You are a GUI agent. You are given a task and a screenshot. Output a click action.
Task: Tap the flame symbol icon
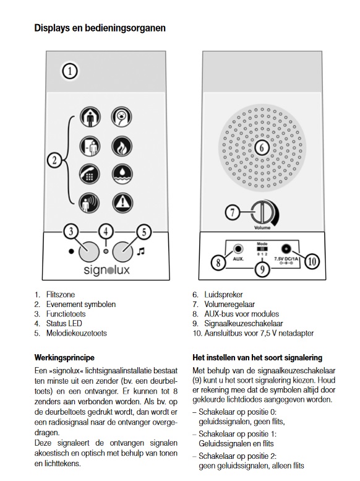(x=121, y=147)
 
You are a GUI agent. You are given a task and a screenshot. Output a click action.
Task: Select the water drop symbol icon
(x=121, y=175)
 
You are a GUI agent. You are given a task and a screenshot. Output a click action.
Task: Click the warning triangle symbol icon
(x=121, y=202)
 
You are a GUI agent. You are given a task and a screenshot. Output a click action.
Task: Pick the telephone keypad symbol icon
(x=90, y=175)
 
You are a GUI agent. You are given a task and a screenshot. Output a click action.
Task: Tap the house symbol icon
(x=90, y=118)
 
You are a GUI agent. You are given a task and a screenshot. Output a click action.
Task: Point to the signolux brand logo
(x=106, y=271)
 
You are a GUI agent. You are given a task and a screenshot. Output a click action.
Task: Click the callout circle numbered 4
(x=107, y=232)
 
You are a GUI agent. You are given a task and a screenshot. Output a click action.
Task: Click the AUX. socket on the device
(x=237, y=249)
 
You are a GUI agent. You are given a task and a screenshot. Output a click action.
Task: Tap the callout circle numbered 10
(x=312, y=261)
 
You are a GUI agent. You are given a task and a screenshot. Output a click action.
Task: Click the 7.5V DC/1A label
(x=286, y=262)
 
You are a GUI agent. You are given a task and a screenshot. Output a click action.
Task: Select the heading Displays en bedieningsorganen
(x=100, y=28)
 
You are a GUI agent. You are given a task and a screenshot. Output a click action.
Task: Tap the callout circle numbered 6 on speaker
(x=260, y=148)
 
